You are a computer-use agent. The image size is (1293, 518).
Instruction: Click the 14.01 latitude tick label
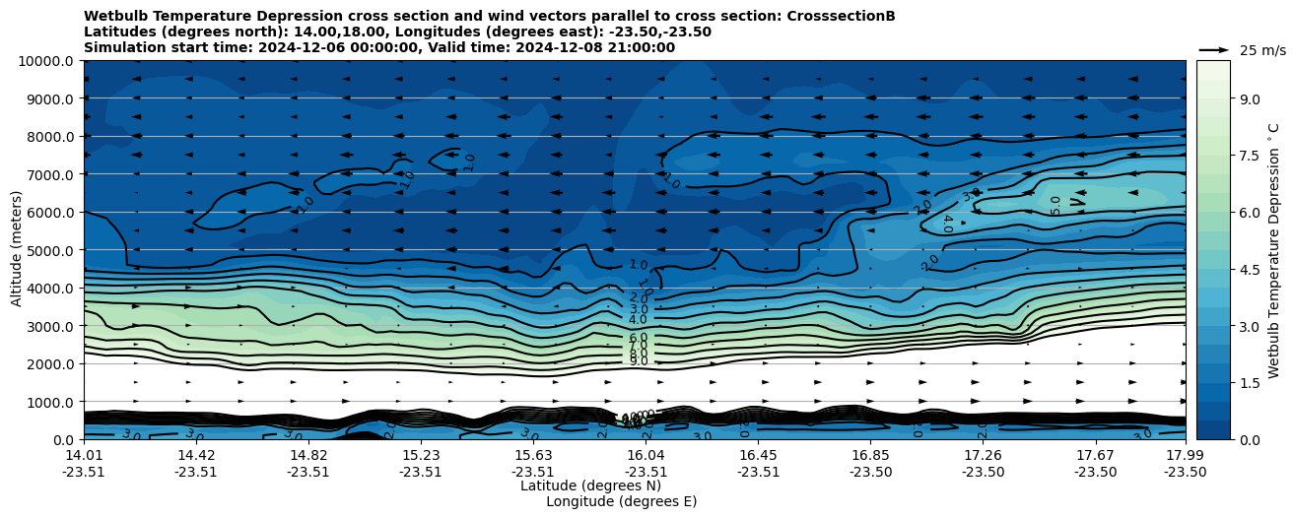tap(84, 455)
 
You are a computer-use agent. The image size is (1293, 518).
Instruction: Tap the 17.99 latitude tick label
tap(1185, 455)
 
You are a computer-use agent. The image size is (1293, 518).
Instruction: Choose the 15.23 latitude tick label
tap(421, 455)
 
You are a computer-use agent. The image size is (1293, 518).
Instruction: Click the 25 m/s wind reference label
tap(1262, 50)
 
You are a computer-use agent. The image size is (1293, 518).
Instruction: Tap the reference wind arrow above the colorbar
tap(1214, 49)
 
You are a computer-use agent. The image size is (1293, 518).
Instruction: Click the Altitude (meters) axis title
tap(17, 250)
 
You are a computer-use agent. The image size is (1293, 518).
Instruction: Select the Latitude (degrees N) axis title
tap(590, 486)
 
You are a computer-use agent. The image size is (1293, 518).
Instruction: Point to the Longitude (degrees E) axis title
tap(621, 501)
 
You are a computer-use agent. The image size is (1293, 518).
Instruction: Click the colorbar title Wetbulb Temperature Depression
tap(1273, 250)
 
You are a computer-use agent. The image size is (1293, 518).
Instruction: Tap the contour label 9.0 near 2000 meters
tap(639, 361)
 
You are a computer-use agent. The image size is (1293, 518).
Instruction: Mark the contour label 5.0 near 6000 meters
tap(1055, 205)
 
